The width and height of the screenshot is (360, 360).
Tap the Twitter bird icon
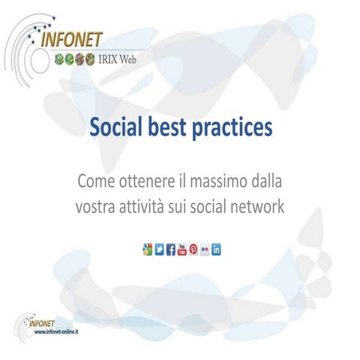click(x=159, y=249)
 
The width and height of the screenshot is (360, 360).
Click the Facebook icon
click(x=170, y=249)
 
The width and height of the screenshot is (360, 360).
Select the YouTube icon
click(x=181, y=249)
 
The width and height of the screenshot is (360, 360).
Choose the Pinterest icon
click(x=193, y=249)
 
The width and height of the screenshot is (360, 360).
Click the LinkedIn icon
click(x=216, y=249)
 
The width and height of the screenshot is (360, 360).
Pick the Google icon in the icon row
click(x=147, y=249)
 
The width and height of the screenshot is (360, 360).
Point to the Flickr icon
click(x=204, y=249)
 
